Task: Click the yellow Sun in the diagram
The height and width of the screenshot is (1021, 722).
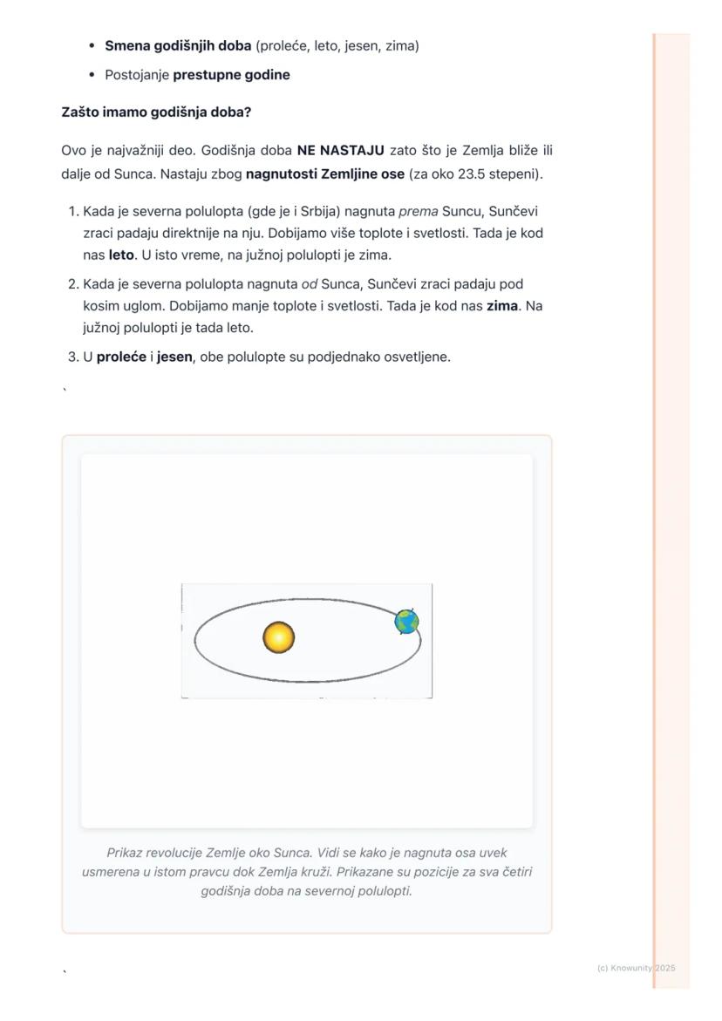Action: (x=279, y=637)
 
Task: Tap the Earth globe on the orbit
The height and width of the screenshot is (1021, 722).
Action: (x=406, y=622)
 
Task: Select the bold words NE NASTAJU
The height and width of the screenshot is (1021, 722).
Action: (x=340, y=151)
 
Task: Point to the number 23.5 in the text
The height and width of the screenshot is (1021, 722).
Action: (x=473, y=174)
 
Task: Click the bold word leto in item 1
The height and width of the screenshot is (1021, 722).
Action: (x=121, y=255)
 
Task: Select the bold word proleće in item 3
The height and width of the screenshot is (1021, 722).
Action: (x=121, y=357)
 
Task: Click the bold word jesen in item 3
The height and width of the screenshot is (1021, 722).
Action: (x=174, y=357)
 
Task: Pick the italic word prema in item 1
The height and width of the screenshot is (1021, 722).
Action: (x=419, y=211)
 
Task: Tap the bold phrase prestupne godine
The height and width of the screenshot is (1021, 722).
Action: (x=231, y=75)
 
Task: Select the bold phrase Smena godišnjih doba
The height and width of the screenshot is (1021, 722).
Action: (x=178, y=45)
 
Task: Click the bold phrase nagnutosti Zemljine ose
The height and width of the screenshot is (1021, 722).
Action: (x=325, y=174)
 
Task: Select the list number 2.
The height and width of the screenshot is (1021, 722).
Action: (x=72, y=284)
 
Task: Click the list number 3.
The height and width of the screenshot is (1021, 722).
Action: (x=72, y=357)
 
